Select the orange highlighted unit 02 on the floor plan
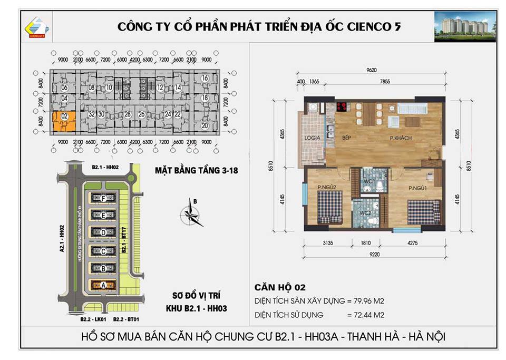pos(64,121)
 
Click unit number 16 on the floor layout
pos(205,79)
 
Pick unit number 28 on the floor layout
pos(128,114)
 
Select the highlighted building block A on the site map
pos(104,285)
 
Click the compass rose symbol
pos(192,213)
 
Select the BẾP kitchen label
pos(346,138)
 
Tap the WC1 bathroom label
pos(369,181)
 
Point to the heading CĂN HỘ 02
pos(280,287)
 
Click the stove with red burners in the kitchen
pos(342,106)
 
